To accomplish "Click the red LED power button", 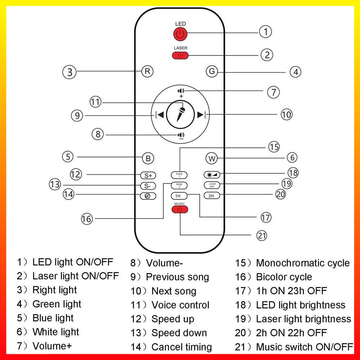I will tap(180, 35).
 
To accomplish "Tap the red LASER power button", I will tap(180, 55).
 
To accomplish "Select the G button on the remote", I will tap(212, 71).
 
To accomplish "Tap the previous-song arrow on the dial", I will tap(160, 115).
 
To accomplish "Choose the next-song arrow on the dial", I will tap(201, 115).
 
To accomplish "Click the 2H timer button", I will tap(211, 196).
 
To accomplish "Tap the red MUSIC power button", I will tap(180, 210).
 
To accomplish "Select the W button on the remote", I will tap(212, 158).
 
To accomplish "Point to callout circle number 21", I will tap(262, 235).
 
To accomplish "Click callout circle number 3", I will tap(69, 72).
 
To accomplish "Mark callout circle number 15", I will tap(274, 147).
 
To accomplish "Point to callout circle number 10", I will tap(286, 115).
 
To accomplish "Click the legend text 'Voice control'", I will tap(180, 305).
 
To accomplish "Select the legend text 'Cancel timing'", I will tap(181, 347).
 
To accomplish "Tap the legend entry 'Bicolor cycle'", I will tap(284, 277).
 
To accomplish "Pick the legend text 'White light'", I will tap(55, 332).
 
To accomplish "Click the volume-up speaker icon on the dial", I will tap(181, 91).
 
